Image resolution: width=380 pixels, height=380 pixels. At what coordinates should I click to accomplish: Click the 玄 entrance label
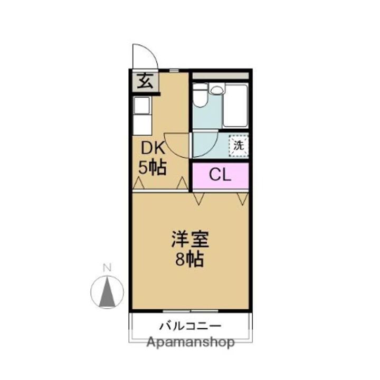[145, 83]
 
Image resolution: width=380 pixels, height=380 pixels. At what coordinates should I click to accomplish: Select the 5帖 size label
[153, 168]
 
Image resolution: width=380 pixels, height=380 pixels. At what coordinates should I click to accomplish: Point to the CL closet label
[220, 175]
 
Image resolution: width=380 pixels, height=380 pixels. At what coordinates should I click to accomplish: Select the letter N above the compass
[107, 268]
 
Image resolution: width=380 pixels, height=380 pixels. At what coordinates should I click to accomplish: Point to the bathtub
[235, 106]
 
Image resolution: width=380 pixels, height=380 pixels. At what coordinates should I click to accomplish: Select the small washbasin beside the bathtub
[215, 90]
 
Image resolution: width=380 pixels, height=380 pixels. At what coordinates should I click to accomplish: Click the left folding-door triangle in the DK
[139, 183]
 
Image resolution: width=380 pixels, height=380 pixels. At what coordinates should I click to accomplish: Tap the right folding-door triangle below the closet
[242, 198]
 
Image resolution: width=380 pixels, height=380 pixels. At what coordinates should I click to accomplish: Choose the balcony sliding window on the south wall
[190, 310]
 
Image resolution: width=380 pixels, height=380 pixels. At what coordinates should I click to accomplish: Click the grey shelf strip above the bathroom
[220, 76]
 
